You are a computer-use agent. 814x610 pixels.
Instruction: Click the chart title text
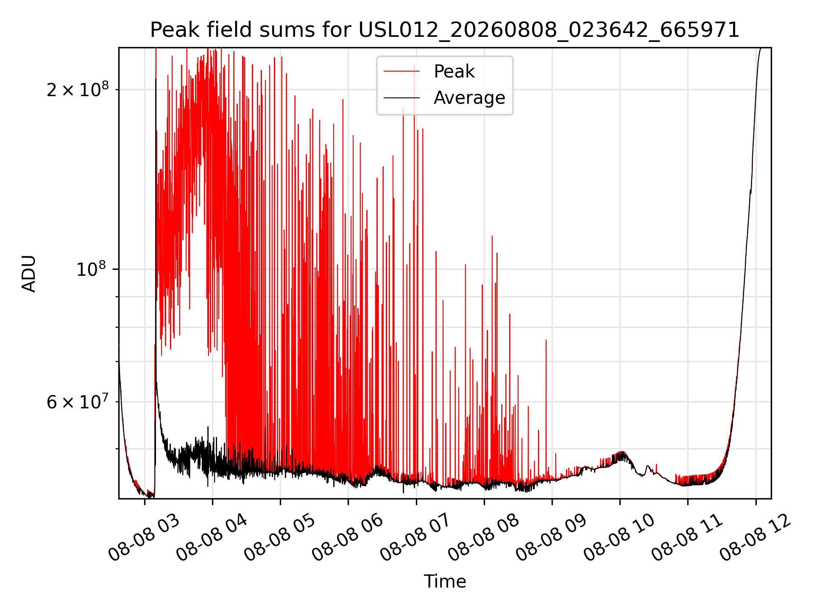445,30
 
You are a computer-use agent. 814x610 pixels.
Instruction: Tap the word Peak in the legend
454,72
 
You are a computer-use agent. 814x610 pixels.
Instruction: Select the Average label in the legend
469,98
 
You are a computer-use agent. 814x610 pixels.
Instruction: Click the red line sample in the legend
401,72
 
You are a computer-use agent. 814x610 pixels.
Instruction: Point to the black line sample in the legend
401,98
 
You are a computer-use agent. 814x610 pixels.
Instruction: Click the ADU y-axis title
29,273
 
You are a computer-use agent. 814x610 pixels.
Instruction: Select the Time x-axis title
445,582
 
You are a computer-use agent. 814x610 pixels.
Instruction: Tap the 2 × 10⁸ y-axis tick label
78,89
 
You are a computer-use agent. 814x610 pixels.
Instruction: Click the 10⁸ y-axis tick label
92,269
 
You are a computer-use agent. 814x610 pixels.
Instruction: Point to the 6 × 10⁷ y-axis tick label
78,402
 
